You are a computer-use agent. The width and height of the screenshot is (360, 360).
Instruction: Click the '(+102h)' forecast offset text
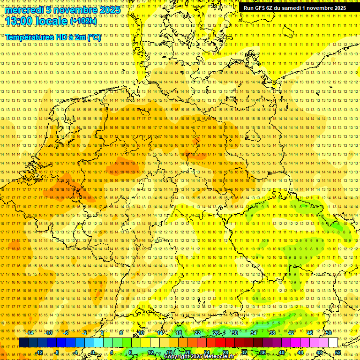83,21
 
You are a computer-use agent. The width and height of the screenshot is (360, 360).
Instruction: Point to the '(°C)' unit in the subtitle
94,37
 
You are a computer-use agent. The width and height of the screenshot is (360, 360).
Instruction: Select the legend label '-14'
30,332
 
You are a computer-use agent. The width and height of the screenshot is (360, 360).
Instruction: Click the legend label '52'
338,352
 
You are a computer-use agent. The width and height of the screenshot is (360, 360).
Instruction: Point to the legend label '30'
235,332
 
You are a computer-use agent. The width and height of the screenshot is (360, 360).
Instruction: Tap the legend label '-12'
39,352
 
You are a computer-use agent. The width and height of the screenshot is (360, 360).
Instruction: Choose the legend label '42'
291,332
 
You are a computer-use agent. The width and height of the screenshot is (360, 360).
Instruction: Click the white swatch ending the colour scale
333,343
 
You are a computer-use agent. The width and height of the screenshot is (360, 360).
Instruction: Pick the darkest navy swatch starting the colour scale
23,343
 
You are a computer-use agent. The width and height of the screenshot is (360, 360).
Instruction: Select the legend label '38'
272,332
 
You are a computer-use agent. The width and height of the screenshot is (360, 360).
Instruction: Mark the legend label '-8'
57,352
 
